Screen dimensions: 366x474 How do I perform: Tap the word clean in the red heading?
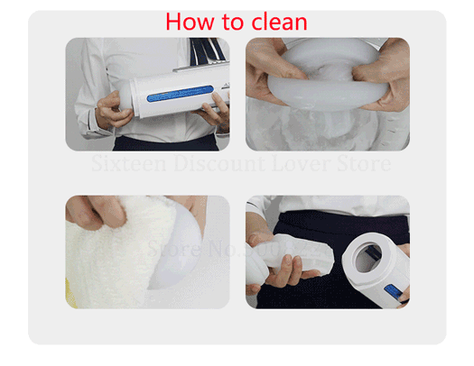coord(275,21)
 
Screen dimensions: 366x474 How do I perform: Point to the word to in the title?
coord(227,21)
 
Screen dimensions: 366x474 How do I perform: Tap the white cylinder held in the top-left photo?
coord(172,95)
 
